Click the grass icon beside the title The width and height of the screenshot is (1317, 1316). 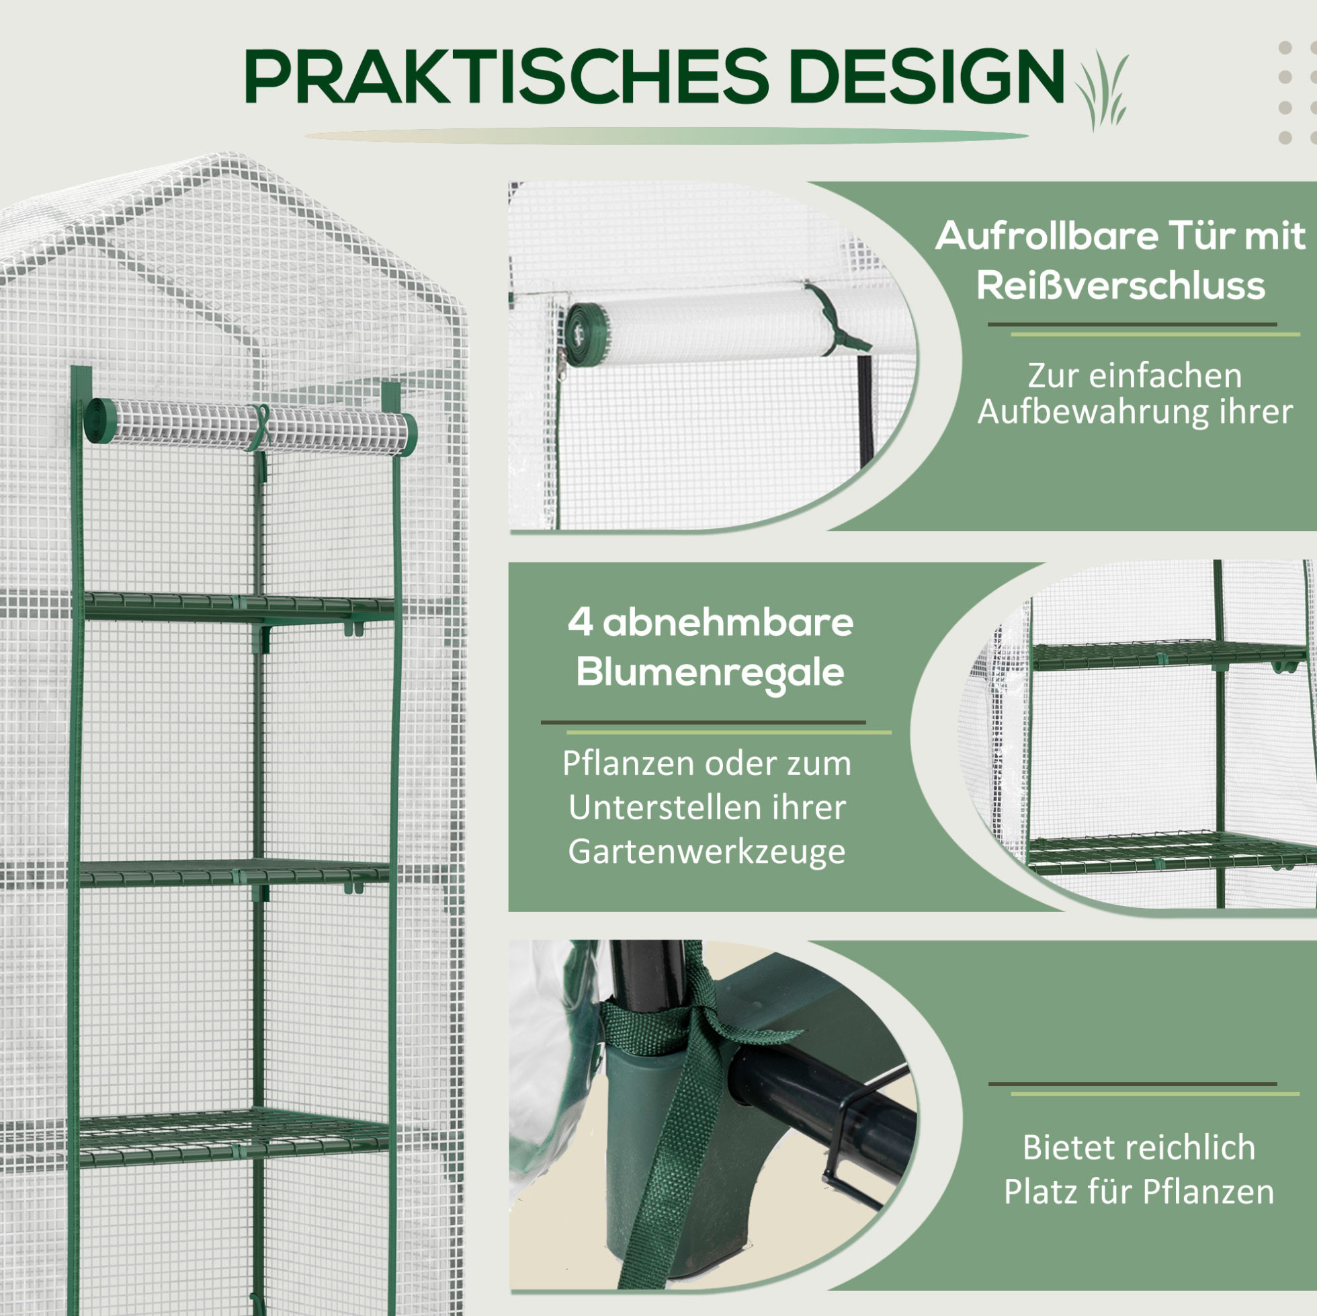pos(1101,89)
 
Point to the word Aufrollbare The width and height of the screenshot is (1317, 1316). pos(1046,236)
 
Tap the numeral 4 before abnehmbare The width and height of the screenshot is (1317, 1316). pos(580,622)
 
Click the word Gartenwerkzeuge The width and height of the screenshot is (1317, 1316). pos(707,852)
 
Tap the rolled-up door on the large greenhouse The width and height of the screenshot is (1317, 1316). pos(250,427)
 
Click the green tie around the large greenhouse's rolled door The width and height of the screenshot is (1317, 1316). pos(260,428)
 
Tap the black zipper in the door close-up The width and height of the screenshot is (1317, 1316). pos(865,409)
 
